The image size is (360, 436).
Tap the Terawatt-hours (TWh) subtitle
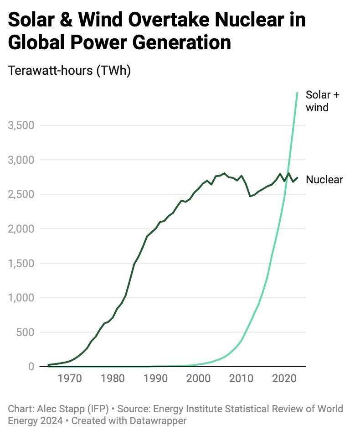[69, 71]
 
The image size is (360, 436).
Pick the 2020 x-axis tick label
[285, 379]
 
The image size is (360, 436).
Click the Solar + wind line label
[322, 101]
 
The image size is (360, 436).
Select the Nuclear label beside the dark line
[324, 180]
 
